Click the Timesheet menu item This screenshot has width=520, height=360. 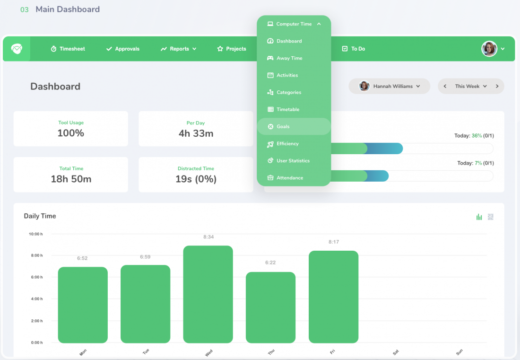(x=68, y=49)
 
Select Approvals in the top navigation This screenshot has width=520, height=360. (x=122, y=49)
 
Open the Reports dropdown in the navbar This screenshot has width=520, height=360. (x=178, y=49)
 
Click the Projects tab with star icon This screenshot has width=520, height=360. (x=232, y=49)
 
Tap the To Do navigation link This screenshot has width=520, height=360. (x=353, y=49)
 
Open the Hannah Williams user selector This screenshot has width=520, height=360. (x=390, y=86)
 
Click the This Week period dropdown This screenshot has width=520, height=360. (x=471, y=86)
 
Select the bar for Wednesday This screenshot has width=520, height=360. (x=208, y=294)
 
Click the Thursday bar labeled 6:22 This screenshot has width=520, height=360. (x=270, y=307)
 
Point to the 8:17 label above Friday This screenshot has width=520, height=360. (x=333, y=242)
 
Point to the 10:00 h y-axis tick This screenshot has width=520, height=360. (x=35, y=234)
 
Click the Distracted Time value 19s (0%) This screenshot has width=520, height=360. (x=196, y=179)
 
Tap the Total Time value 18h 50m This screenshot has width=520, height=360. (x=71, y=179)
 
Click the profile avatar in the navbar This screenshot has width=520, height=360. (x=489, y=49)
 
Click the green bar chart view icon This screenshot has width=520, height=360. (x=479, y=217)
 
